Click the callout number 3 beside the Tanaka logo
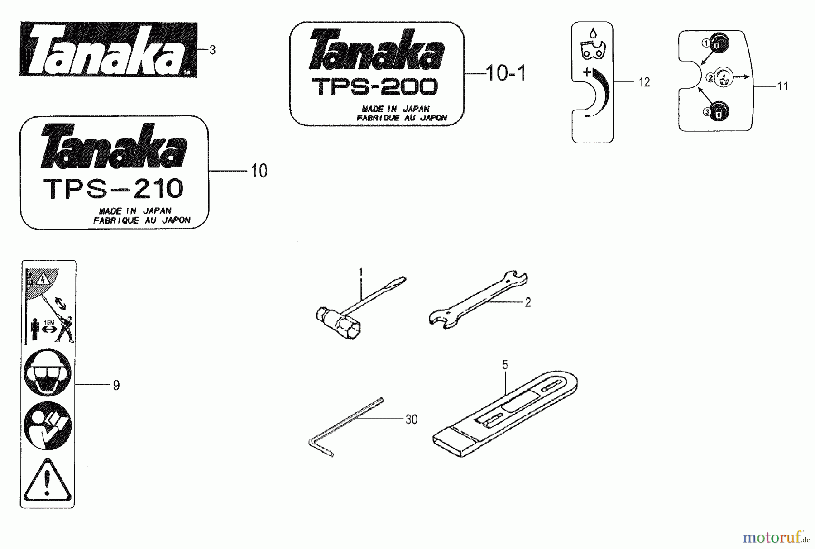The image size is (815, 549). [x=212, y=50]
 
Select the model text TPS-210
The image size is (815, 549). [x=113, y=189]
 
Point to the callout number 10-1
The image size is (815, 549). [x=506, y=73]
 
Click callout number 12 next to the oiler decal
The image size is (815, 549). [x=644, y=82]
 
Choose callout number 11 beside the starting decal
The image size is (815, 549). [x=782, y=86]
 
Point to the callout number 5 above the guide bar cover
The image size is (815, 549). [x=505, y=365]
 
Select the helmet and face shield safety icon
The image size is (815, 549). [x=47, y=374]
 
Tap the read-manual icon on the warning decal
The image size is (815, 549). [x=47, y=426]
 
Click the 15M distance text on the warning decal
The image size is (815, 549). [x=49, y=322]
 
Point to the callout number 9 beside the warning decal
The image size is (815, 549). [x=116, y=386]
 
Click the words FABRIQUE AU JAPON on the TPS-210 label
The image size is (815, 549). [x=142, y=220]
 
